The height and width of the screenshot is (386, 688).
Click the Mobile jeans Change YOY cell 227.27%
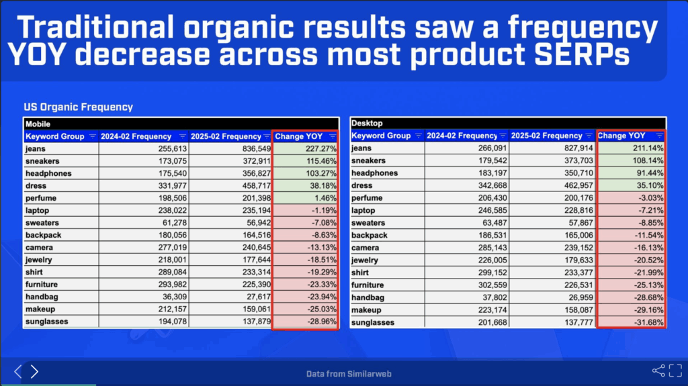[x=320, y=149]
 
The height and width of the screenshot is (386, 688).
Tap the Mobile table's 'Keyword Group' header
[x=55, y=136]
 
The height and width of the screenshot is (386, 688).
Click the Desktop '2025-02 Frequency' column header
[x=546, y=136]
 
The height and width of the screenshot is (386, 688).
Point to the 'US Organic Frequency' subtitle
[x=78, y=107]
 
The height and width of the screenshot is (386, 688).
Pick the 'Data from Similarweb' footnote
[x=349, y=374]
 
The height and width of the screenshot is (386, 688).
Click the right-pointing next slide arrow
[x=34, y=371]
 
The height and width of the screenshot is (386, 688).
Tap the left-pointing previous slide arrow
[x=17, y=371]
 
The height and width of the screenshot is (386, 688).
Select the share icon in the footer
[x=658, y=371]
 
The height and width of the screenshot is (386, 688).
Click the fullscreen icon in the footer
[x=676, y=371]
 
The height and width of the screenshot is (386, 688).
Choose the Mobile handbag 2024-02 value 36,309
[x=175, y=297]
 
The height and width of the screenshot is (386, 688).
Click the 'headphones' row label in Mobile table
[x=48, y=173]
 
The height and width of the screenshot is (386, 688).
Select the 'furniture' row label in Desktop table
[x=368, y=285]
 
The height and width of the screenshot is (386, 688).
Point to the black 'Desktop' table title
[x=368, y=124]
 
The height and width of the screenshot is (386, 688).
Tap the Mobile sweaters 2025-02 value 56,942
[x=257, y=223]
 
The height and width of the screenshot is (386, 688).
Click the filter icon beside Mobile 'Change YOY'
[x=332, y=136]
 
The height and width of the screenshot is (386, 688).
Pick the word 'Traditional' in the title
[x=95, y=28]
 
